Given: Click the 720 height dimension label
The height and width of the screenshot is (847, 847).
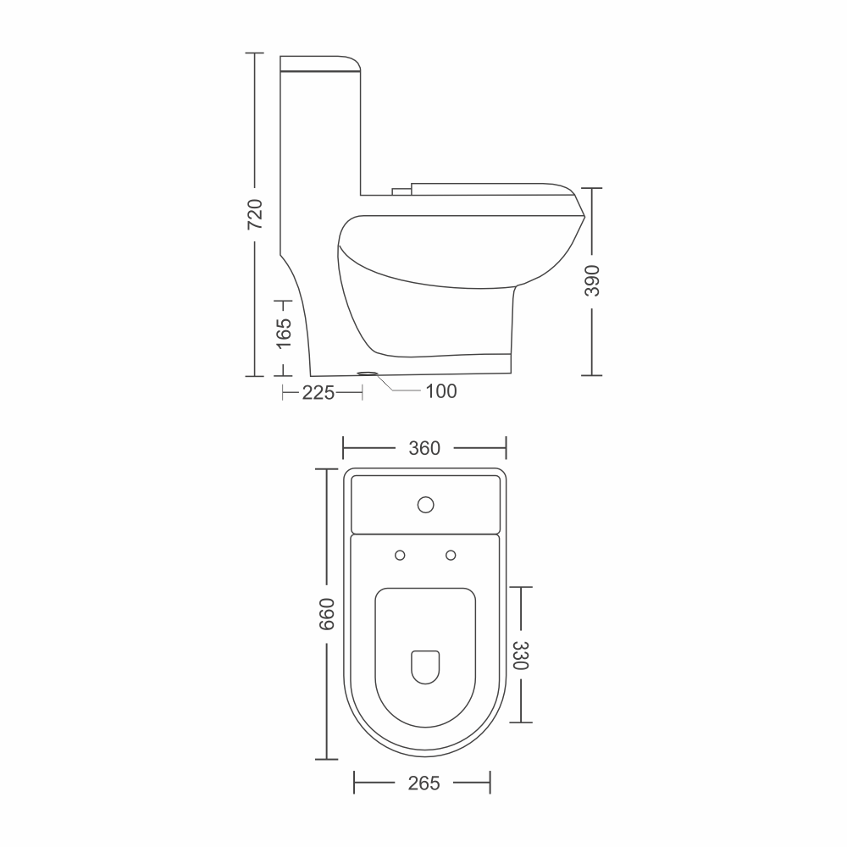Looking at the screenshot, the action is point(255,214).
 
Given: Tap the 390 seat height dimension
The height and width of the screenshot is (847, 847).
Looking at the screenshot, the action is point(593,281).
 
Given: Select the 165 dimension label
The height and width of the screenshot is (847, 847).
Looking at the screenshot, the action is point(284,333).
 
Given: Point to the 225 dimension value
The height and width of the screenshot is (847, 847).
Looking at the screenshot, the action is point(318,393).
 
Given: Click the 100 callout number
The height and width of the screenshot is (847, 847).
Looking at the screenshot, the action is point(441,391).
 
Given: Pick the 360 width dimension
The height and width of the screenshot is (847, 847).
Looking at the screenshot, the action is point(424,448).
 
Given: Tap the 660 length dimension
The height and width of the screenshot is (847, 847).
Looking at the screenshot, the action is point(327,614).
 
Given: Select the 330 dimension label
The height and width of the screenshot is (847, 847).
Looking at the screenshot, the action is point(520,656).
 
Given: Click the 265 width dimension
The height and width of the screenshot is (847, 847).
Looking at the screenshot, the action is point(424,783).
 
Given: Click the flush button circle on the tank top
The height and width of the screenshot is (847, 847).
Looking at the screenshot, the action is point(426,505).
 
